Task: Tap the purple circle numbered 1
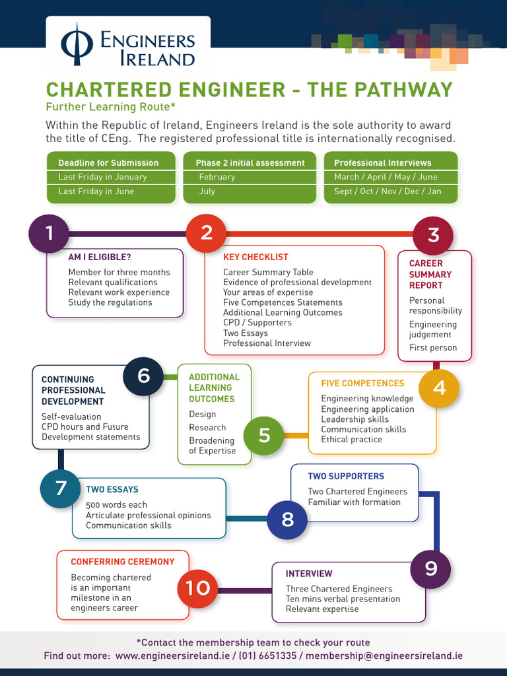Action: (49, 233)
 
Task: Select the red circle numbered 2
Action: (206, 233)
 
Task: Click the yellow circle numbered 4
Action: (439, 388)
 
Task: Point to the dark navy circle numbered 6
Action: (143, 376)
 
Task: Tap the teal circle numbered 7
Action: (60, 488)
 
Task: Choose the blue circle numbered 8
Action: (287, 520)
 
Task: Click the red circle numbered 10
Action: (197, 588)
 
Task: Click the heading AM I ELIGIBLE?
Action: (100, 257)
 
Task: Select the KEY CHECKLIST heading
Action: (255, 257)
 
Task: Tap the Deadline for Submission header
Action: (108, 163)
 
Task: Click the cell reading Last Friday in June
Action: (96, 191)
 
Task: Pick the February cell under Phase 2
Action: (217, 177)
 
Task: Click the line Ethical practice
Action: (351, 440)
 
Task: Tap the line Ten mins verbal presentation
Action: (343, 599)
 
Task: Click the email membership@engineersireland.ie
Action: (384, 656)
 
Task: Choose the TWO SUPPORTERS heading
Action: (345, 476)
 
